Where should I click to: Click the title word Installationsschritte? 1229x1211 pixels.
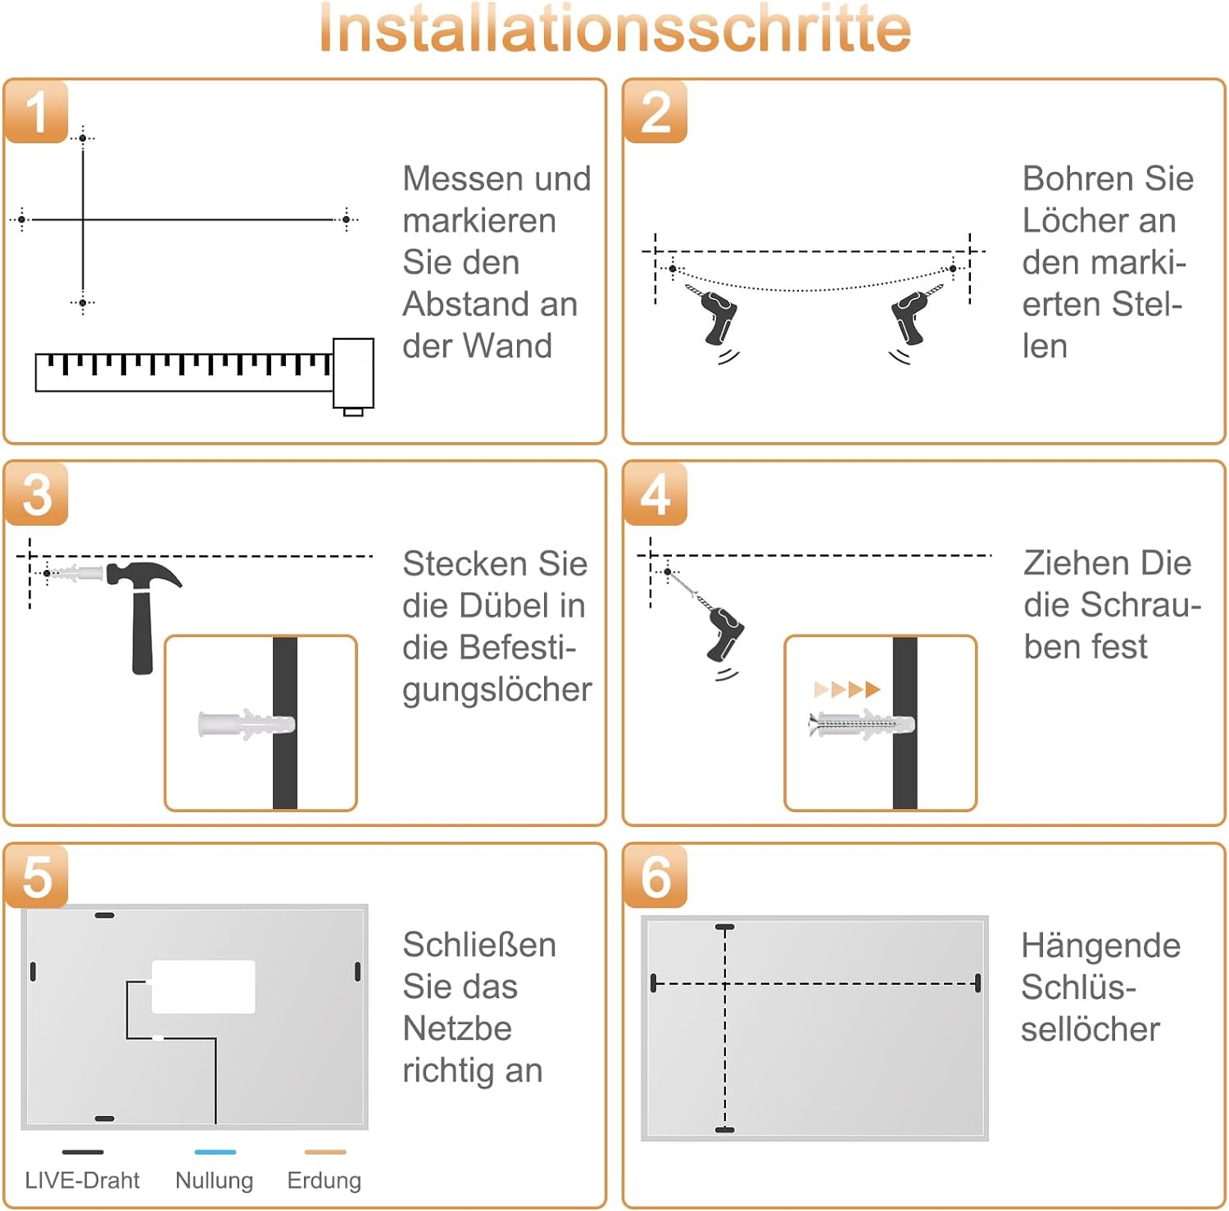coord(614,29)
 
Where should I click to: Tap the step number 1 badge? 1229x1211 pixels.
coord(36,112)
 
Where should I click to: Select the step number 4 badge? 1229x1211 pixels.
coord(655,495)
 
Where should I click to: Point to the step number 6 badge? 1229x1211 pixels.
coord(655,877)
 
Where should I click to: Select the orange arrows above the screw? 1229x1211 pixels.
coord(847,689)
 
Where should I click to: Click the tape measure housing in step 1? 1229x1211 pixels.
coord(353,373)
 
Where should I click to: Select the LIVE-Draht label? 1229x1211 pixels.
coord(82,1180)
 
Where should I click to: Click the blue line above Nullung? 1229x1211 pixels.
coord(215,1152)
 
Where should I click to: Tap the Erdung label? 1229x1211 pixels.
coord(324,1180)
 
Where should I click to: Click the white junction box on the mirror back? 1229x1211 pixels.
coord(203,987)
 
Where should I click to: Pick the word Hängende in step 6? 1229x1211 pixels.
coord(1100,946)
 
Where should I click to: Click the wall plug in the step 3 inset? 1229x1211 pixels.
coord(246,725)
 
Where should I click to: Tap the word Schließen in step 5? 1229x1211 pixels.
coord(479,945)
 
